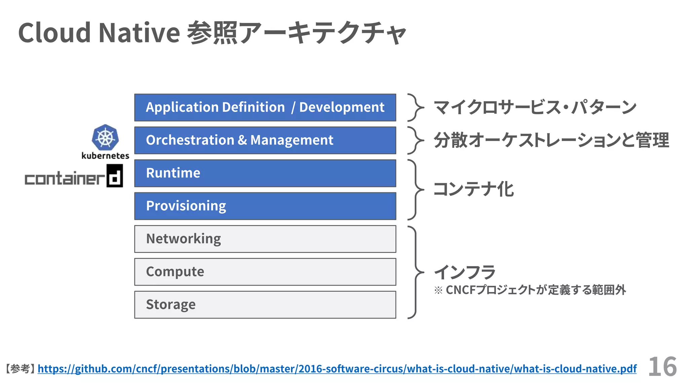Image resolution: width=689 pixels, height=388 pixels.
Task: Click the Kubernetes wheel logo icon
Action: pyautogui.click(x=105, y=137)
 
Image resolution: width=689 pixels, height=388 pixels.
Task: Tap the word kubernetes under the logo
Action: pyautogui.click(x=105, y=156)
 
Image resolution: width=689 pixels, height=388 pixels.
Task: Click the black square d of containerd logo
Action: pyautogui.click(x=115, y=176)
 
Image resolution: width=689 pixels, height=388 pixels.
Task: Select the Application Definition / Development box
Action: pyautogui.click(x=265, y=107)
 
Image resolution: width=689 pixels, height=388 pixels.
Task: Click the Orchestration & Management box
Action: pyautogui.click(x=265, y=140)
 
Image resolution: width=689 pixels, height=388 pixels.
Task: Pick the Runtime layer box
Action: pyautogui.click(x=265, y=173)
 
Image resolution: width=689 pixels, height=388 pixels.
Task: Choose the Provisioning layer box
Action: pyautogui.click(x=265, y=206)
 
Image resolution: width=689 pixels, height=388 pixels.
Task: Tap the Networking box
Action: pyautogui.click(x=265, y=239)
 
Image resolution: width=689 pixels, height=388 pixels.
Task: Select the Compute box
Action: pyautogui.click(x=265, y=271)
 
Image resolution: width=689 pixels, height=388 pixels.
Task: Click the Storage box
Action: pyautogui.click(x=265, y=304)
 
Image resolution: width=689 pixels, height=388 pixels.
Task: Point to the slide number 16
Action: pyautogui.click(x=662, y=367)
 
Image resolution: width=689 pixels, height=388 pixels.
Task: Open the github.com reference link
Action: pyautogui.click(x=337, y=369)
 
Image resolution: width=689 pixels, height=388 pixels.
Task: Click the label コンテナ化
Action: pyautogui.click(x=473, y=189)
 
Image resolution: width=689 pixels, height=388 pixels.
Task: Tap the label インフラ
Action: pyautogui.click(x=465, y=272)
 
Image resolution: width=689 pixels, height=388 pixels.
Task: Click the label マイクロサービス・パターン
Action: pyautogui.click(x=535, y=107)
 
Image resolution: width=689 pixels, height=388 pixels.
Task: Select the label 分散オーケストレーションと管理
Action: pyautogui.click(x=551, y=140)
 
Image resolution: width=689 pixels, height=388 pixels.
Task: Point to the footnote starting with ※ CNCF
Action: pyautogui.click(x=530, y=290)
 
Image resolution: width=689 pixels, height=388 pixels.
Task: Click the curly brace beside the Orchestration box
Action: pyautogui.click(x=415, y=140)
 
